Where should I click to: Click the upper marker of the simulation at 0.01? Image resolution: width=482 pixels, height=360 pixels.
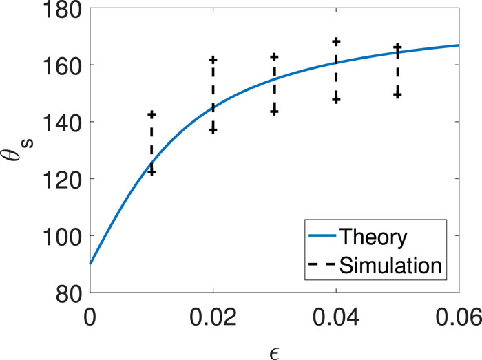[151, 114]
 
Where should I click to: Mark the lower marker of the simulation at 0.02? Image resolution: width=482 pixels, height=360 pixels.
[213, 130]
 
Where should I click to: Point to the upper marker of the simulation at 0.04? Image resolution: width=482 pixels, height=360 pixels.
[336, 41]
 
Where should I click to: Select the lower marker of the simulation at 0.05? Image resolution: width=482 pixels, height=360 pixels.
[397, 94]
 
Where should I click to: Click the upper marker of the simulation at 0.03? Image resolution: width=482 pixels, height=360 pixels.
[274, 56]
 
